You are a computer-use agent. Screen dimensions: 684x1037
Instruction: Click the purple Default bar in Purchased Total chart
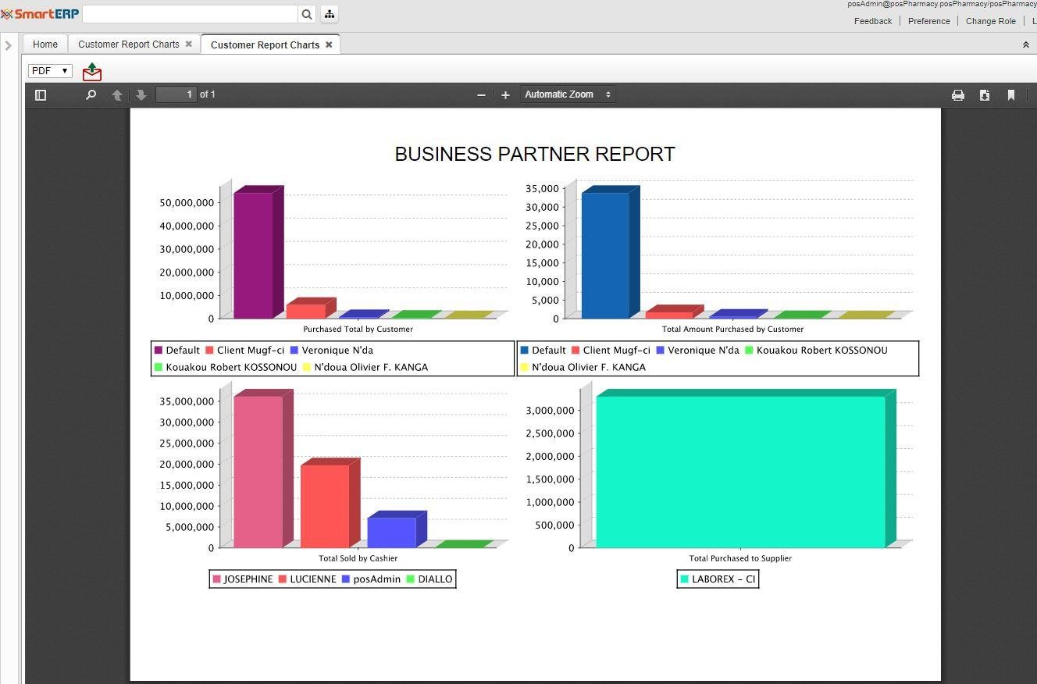pyautogui.click(x=253, y=255)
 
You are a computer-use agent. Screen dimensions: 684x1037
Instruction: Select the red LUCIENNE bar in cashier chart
pyautogui.click(x=324, y=505)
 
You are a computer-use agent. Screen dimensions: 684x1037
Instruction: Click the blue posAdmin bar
pyautogui.click(x=391, y=532)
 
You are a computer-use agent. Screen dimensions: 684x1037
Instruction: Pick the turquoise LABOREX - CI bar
pyautogui.click(x=740, y=471)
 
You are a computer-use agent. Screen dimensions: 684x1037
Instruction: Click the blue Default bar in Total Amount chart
pyautogui.click(x=605, y=255)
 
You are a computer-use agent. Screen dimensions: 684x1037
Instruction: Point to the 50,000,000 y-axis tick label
pyautogui.click(x=186, y=203)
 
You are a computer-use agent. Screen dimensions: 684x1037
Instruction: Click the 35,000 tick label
pyautogui.click(x=542, y=189)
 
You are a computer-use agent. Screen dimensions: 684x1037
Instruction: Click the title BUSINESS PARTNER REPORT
pyautogui.click(x=535, y=155)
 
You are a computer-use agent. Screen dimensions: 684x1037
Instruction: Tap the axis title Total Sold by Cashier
pyautogui.click(x=358, y=558)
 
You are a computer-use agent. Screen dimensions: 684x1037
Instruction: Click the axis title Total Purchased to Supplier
pyautogui.click(x=740, y=558)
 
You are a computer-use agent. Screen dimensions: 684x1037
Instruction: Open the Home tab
pyautogui.click(x=45, y=45)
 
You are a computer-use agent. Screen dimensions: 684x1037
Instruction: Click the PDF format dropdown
pyautogui.click(x=50, y=71)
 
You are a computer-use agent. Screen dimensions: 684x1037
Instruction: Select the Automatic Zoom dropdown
pyautogui.click(x=568, y=94)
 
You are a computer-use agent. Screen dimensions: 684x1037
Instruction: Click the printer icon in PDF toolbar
pyautogui.click(x=958, y=95)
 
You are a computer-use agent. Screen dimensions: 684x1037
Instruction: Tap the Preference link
pyautogui.click(x=928, y=21)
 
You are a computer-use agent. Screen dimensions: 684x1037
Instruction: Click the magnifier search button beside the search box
pyautogui.click(x=307, y=14)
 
